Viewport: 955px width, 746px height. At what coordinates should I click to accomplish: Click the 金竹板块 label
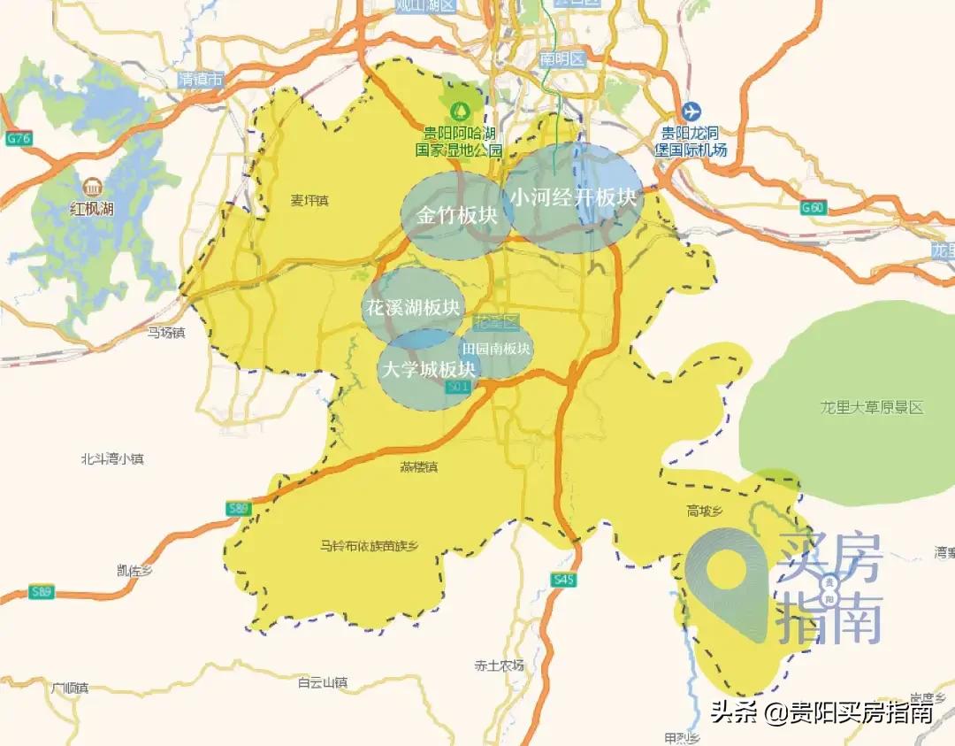coord(456,216)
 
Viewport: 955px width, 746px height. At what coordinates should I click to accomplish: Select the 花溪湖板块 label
coord(413,308)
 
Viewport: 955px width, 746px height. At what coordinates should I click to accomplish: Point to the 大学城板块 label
coord(428,369)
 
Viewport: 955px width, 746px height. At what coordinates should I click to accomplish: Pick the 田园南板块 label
coord(496,349)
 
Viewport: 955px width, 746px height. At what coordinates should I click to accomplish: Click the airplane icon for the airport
coord(691,112)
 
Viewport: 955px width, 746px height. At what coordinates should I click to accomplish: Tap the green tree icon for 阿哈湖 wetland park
coord(460,112)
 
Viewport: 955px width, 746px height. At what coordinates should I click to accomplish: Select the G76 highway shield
coord(18,139)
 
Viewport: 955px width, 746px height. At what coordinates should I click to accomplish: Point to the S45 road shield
coord(562,580)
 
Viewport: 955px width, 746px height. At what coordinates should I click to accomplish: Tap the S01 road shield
coord(457,388)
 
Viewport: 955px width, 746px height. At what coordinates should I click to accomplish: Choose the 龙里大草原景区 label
coord(871,408)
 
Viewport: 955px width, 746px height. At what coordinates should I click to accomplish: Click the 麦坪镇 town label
coord(309,201)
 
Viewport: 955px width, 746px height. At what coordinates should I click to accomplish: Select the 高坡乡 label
coord(705,510)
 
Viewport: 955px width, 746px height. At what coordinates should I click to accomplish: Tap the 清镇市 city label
coord(201,80)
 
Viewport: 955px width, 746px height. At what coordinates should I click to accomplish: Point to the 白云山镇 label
coord(323,682)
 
